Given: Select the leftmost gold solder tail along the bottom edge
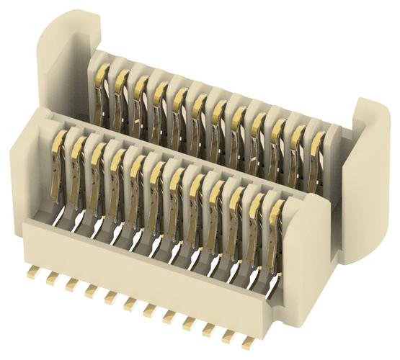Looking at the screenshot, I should click(x=33, y=274).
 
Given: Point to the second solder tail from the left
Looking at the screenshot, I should click(x=52, y=280).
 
